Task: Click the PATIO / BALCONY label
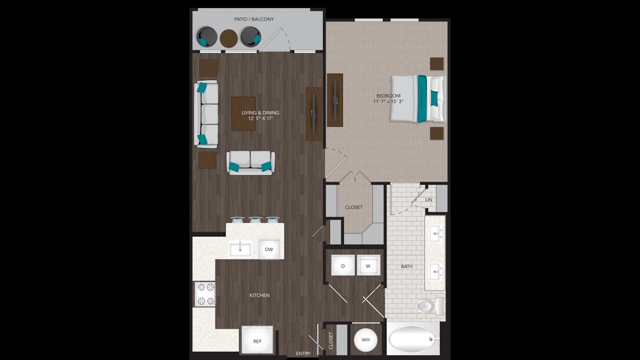(x=254, y=19)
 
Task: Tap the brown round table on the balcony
(x=228, y=38)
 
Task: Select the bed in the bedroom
(x=417, y=98)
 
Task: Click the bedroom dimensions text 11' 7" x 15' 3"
(x=388, y=101)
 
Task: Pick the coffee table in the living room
(x=243, y=113)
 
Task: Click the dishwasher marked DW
(x=269, y=249)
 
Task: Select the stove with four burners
(x=205, y=294)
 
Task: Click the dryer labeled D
(x=343, y=265)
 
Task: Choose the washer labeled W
(x=368, y=265)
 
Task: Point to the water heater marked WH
(x=365, y=340)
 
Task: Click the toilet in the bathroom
(x=429, y=305)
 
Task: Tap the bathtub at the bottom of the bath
(x=412, y=339)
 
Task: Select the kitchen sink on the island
(x=240, y=248)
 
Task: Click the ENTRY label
(x=303, y=353)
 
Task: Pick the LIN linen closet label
(x=428, y=199)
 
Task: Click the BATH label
(x=406, y=266)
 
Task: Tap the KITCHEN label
(x=259, y=295)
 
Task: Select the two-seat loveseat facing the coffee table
(x=250, y=162)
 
